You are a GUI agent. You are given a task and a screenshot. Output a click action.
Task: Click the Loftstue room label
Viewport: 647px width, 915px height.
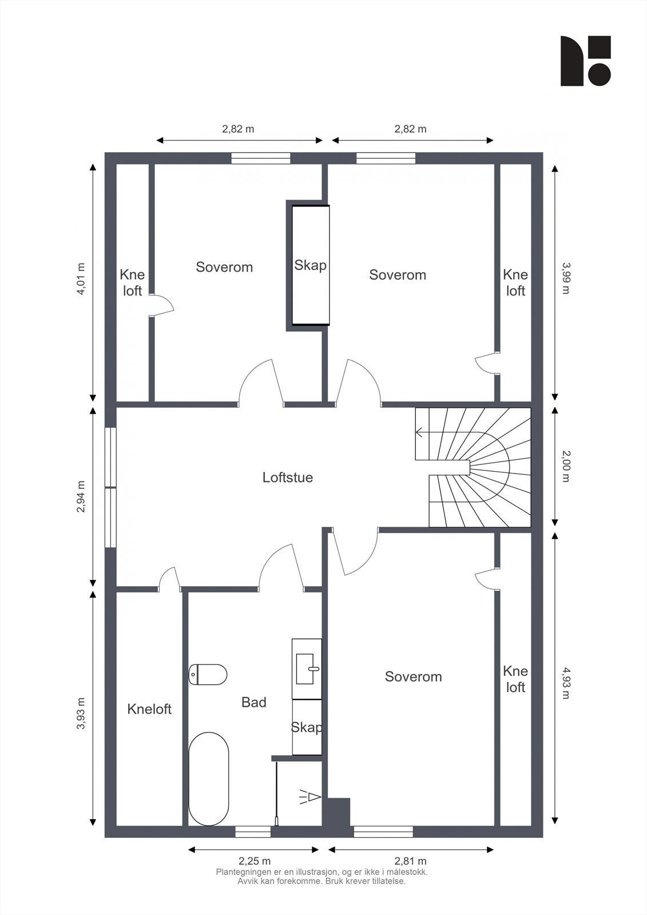coord(287,477)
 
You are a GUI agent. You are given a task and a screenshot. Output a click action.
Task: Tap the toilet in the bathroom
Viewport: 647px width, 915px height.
coord(208,674)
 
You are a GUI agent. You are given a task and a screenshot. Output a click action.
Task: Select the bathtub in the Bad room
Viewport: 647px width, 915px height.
coord(209,778)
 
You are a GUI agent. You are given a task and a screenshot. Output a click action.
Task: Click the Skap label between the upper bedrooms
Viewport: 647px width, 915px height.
coord(310,265)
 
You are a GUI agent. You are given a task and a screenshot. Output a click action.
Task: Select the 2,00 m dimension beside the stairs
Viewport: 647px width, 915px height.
coord(565,466)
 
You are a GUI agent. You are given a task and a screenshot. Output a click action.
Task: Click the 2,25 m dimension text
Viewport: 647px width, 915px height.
coord(254,861)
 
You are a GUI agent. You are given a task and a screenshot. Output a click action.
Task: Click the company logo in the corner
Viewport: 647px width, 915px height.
coord(585,61)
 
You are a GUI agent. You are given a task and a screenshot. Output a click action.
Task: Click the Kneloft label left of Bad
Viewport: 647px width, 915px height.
coord(149,709)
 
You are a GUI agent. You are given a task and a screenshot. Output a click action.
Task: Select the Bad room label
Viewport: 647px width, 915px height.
coord(253,702)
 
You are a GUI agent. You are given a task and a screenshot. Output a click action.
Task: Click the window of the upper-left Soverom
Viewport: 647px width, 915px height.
coord(261,158)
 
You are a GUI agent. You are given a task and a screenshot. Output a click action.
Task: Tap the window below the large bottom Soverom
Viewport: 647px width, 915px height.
coord(383,832)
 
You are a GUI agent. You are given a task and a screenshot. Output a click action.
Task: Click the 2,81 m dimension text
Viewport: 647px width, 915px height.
coord(411,861)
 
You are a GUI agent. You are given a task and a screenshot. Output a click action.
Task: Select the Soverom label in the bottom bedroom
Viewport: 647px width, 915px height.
coord(413,677)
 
